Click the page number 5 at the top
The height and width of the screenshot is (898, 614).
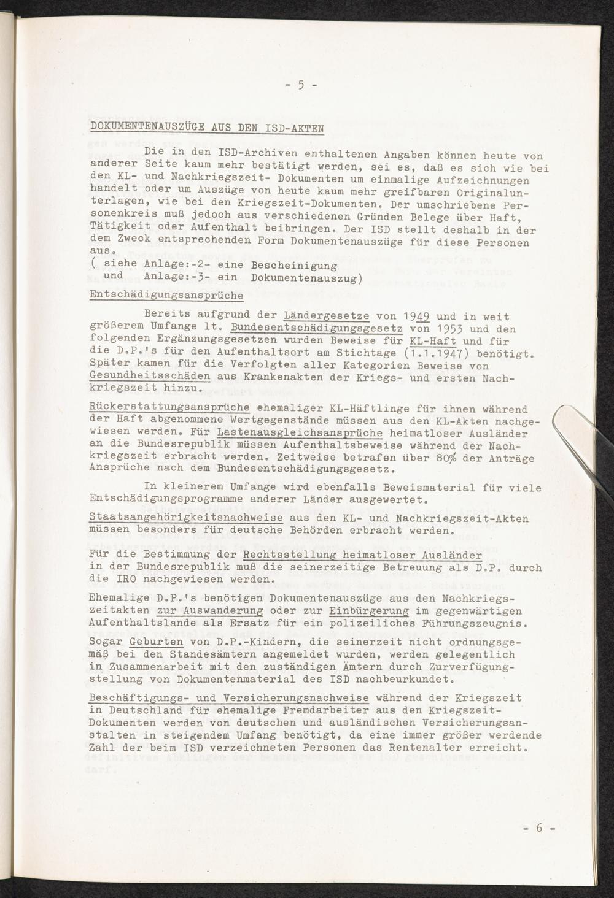point(301,85)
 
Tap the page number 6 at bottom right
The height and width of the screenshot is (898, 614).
point(539,827)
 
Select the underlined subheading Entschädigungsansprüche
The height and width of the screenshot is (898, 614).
point(166,295)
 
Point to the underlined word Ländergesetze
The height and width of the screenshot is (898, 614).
point(327,317)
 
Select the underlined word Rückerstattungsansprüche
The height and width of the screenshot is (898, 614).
point(169,408)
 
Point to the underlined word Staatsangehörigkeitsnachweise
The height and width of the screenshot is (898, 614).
point(186,518)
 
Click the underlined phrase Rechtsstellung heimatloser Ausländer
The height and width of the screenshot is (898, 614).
point(362,555)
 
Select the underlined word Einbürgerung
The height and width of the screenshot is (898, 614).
point(369,611)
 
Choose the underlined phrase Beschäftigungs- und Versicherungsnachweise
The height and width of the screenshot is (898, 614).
point(229,699)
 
